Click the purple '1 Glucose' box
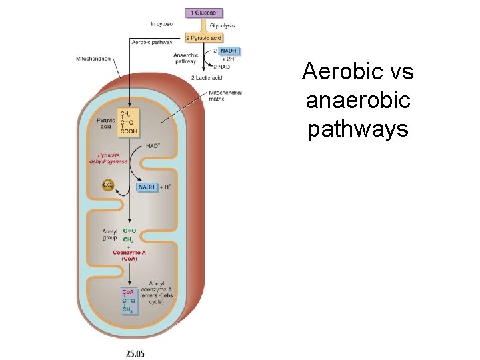[x=203, y=13]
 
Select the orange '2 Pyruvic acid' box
[x=203, y=37]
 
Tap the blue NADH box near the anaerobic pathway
[x=228, y=51]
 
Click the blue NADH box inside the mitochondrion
[x=147, y=187]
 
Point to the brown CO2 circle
[x=108, y=185]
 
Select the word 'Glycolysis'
[x=222, y=25]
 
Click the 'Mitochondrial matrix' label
[x=225, y=95]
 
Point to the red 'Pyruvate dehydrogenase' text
[x=109, y=157]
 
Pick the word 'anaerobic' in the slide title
[x=358, y=100]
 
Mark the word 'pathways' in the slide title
[x=357, y=129]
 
